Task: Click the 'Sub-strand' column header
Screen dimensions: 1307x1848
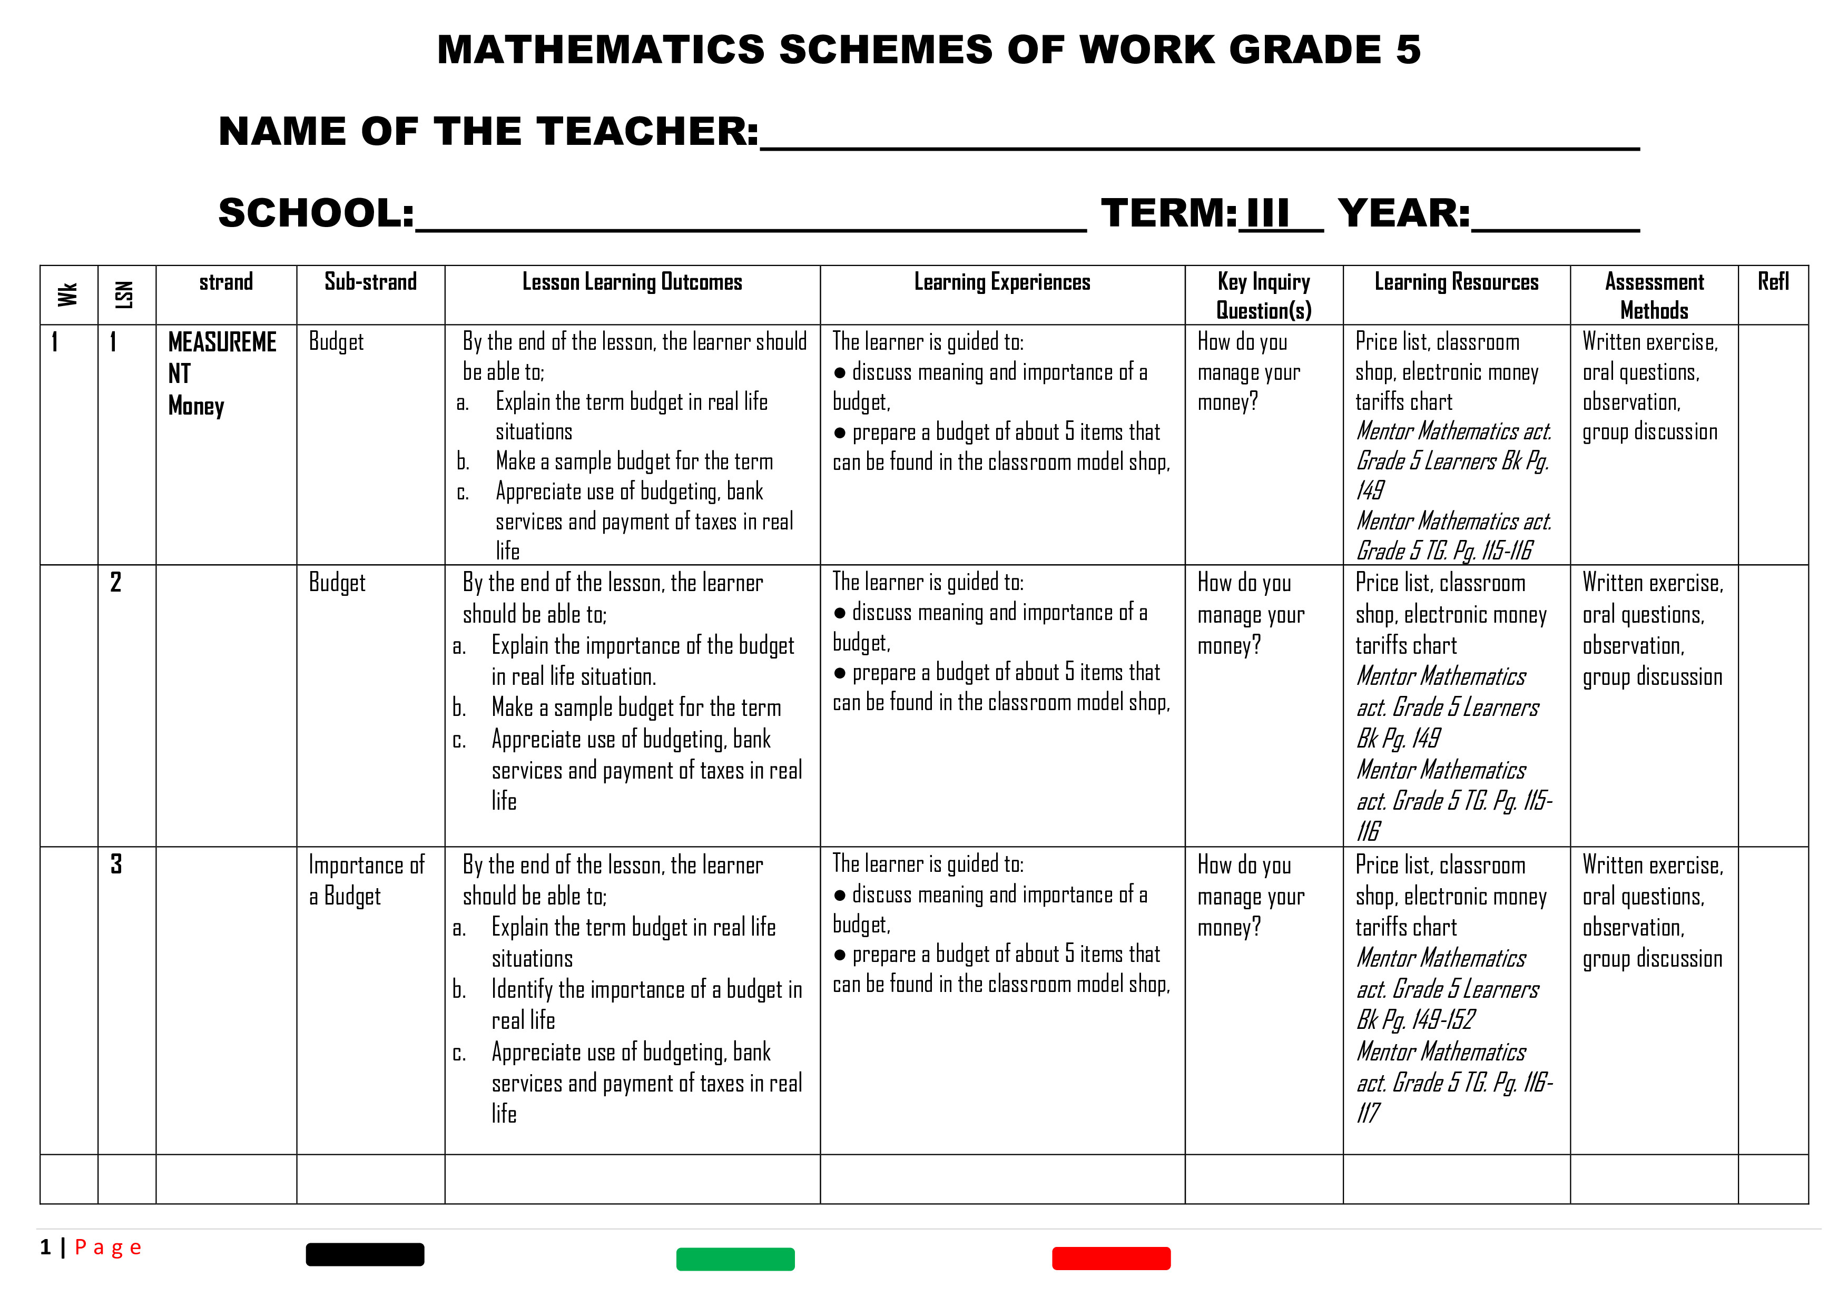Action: [x=370, y=282]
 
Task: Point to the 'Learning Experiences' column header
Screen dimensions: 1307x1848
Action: [x=1002, y=282]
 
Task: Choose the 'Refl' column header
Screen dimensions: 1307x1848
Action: [x=1773, y=282]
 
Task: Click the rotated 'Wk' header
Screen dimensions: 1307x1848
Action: [x=68, y=294]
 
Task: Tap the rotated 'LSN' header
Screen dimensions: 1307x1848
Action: [x=125, y=294]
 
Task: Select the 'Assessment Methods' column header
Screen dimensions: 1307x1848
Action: [x=1654, y=296]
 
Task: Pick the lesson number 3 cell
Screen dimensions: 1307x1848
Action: [x=117, y=864]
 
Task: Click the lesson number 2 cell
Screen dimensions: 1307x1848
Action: [x=117, y=582]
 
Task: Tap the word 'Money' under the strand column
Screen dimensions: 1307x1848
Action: [x=196, y=406]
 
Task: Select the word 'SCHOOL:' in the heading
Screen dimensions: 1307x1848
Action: [x=316, y=213]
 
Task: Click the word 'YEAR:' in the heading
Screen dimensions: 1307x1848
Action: [x=1404, y=213]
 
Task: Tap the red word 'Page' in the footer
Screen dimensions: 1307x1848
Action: [x=108, y=1247]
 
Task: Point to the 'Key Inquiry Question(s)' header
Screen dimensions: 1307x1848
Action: [x=1264, y=296]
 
